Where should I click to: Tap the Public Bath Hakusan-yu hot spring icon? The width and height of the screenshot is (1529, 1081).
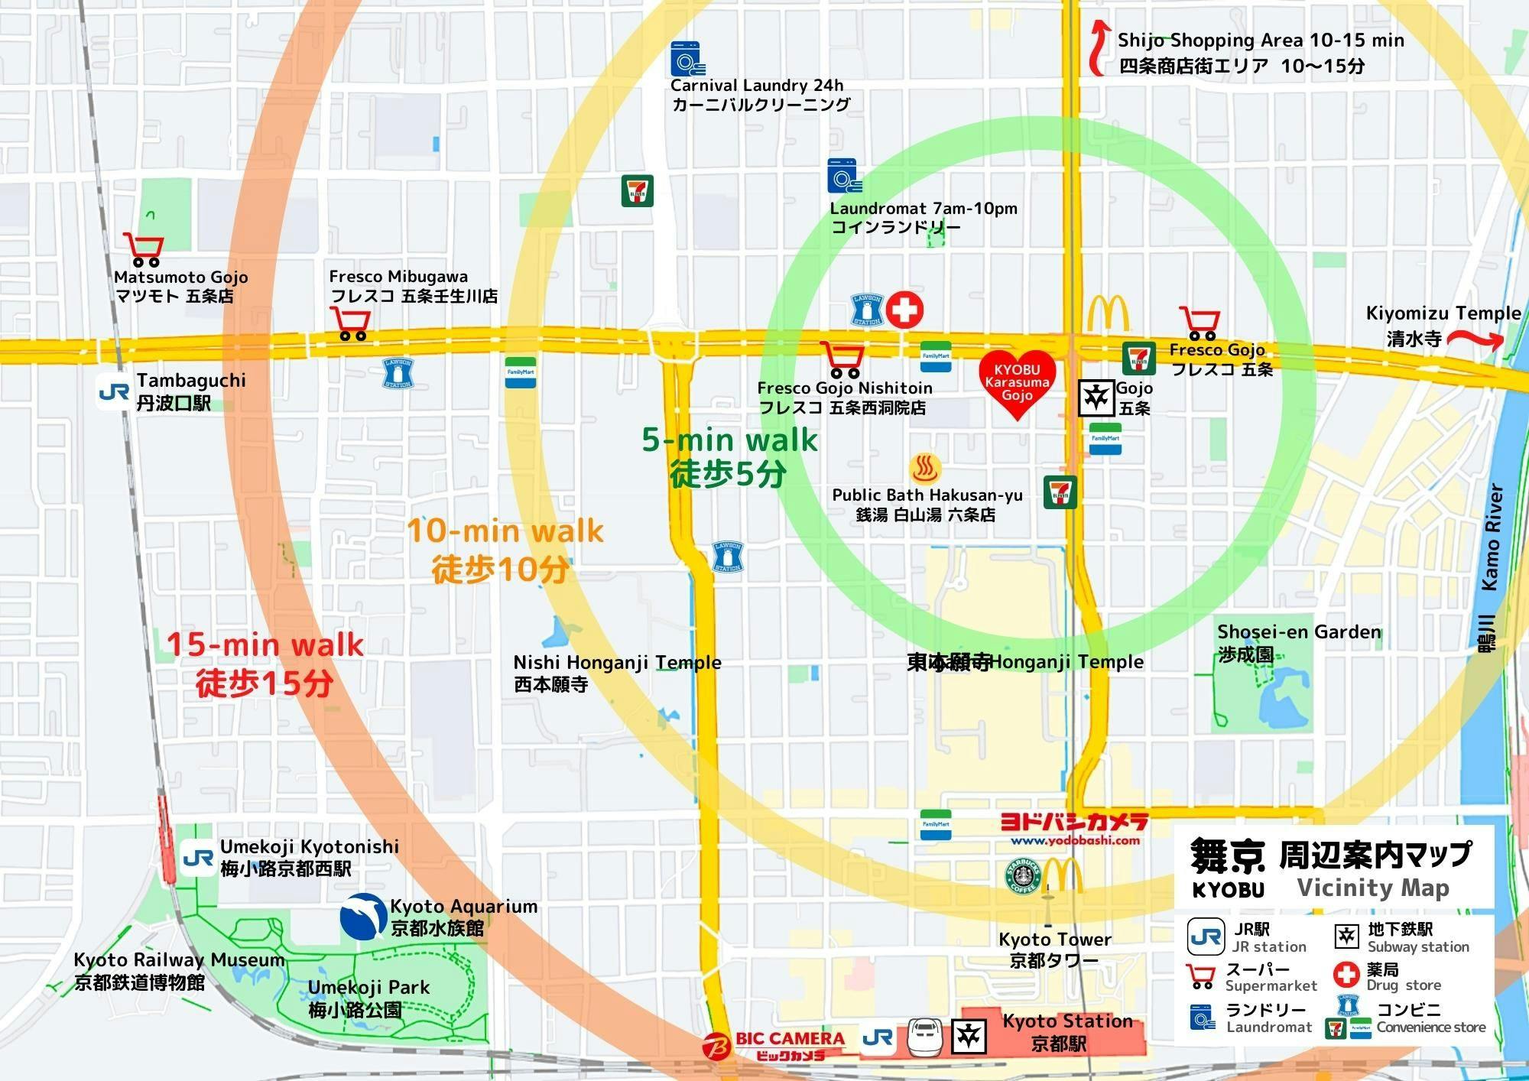tap(925, 468)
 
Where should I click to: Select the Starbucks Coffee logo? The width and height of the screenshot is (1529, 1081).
tap(1022, 876)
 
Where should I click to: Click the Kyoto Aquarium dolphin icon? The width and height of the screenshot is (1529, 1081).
tap(363, 916)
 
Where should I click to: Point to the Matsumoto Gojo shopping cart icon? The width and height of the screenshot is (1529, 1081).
tap(143, 249)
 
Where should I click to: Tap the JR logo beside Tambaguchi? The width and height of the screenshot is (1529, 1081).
tap(114, 391)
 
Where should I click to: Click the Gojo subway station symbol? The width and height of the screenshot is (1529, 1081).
tap(1096, 398)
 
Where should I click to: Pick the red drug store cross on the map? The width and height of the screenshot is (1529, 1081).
tap(904, 310)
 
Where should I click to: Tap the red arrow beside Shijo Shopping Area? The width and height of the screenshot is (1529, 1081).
tap(1099, 47)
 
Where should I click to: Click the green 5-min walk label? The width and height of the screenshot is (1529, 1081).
tap(729, 440)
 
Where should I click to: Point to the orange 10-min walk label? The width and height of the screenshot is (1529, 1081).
tap(505, 531)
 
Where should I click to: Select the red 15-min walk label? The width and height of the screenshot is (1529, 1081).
tap(265, 644)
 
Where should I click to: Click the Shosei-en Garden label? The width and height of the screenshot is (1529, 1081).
tap(1299, 632)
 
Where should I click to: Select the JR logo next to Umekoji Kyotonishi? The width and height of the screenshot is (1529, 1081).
tap(198, 858)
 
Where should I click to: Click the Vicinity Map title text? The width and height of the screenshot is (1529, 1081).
tap(1373, 888)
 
